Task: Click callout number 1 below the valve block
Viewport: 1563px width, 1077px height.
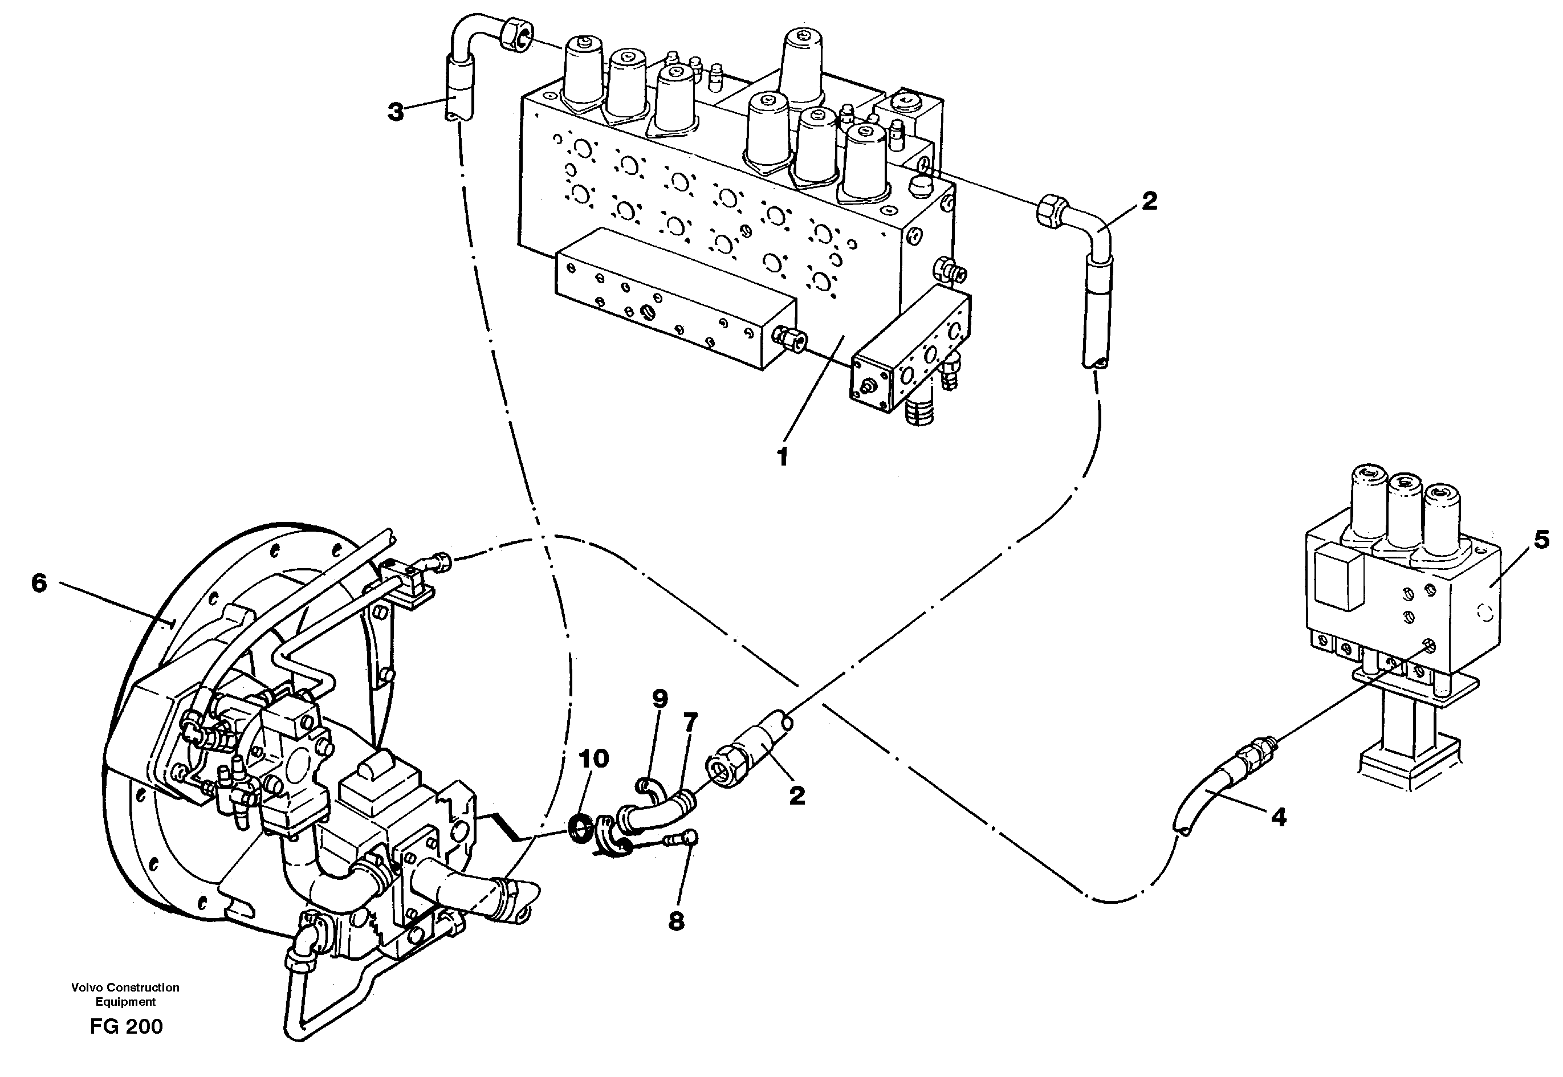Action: pos(782,458)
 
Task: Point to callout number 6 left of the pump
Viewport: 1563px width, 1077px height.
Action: pos(39,583)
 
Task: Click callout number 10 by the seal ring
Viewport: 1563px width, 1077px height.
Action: pos(593,758)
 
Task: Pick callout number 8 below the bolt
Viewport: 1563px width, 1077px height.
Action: pos(676,921)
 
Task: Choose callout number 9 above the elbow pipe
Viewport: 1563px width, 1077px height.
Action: pos(660,699)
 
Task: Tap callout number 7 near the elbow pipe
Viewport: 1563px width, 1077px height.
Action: pos(689,723)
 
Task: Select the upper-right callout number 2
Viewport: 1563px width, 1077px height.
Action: pos(1149,201)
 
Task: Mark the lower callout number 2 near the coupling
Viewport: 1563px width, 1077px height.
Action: pos(796,795)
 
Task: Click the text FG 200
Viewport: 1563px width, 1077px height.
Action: pos(126,1026)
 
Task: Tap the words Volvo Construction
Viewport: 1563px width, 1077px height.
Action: pos(125,987)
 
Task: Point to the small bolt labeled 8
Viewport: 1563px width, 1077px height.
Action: pos(682,839)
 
